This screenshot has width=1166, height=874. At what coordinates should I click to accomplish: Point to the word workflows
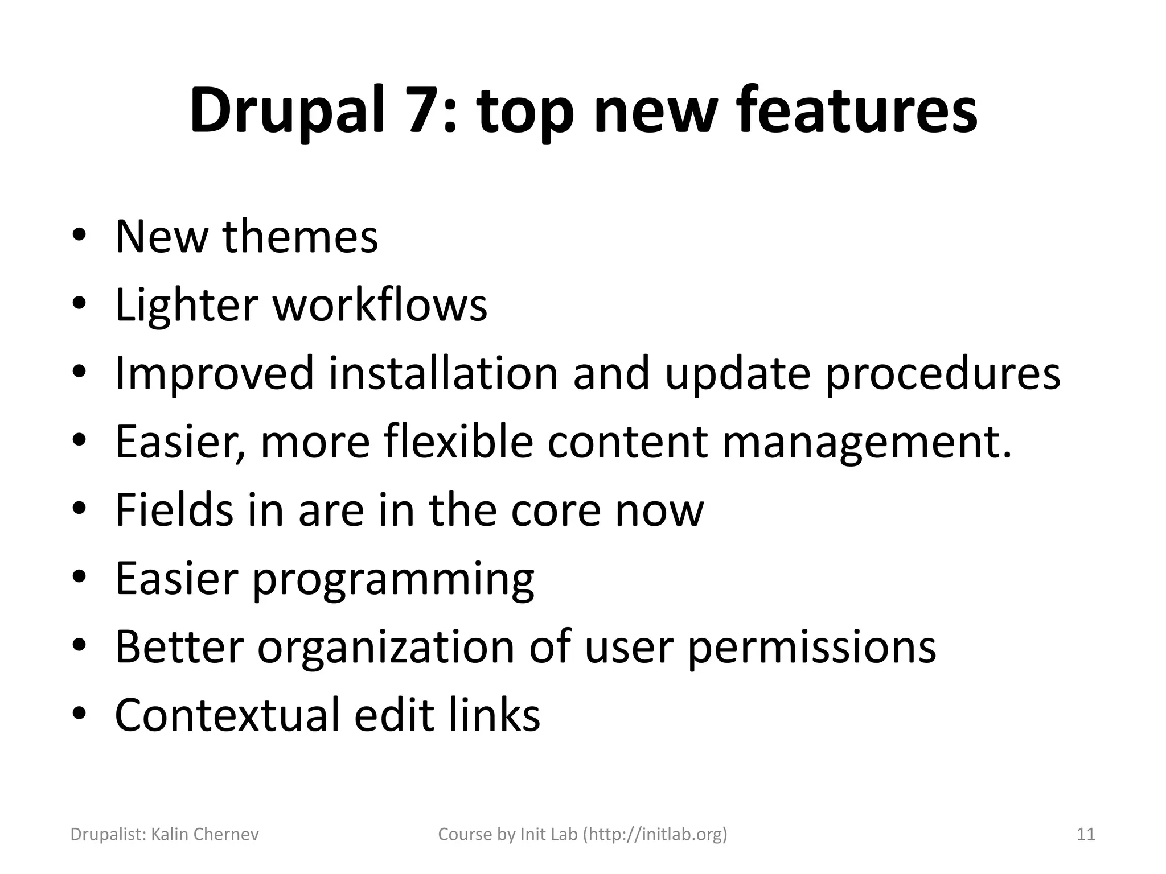(x=380, y=305)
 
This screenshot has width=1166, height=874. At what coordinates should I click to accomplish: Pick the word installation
(x=444, y=373)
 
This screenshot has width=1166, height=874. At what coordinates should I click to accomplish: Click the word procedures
(x=943, y=374)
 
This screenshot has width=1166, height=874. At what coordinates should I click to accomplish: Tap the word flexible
(x=458, y=442)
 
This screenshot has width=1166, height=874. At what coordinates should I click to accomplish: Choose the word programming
(x=393, y=579)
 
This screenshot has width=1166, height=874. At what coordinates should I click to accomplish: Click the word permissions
(x=812, y=648)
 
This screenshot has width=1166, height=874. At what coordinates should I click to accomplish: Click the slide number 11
(x=1086, y=835)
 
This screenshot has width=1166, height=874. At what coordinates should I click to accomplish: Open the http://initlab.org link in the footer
(x=655, y=835)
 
